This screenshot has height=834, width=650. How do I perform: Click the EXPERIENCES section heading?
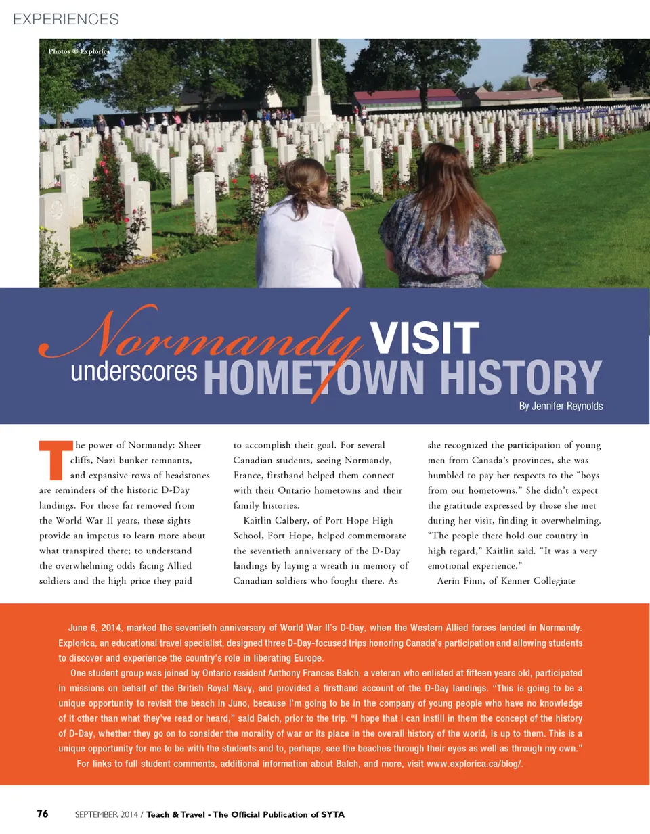pos(66,19)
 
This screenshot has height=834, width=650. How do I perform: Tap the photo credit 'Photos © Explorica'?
pos(79,51)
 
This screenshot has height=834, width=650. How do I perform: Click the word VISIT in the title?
pos(425,338)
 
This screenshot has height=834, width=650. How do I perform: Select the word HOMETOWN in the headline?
pos(313,377)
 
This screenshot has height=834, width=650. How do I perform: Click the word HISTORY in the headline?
pos(521,377)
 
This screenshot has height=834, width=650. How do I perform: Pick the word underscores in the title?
pos(134,371)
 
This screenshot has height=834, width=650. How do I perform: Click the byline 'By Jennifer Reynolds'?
pos(561,406)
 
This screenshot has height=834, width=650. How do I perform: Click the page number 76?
pos(43,814)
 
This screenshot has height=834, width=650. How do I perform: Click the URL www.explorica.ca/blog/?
pos(475,764)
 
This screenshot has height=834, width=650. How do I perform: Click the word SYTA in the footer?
pos(332,814)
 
